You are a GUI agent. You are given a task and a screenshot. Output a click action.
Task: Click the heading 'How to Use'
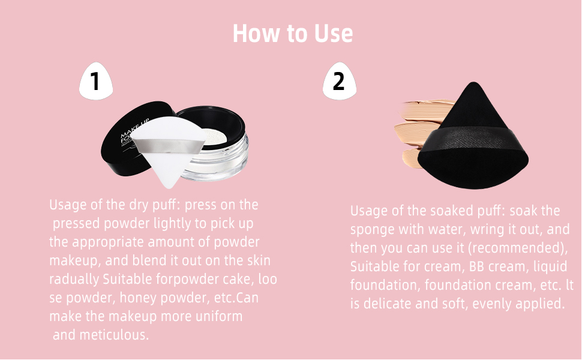tap(292, 33)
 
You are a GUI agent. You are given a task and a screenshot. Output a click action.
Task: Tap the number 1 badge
tap(96, 82)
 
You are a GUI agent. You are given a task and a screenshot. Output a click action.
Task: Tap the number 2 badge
tap(340, 82)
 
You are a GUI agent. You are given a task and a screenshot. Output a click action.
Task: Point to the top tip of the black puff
tap(473, 85)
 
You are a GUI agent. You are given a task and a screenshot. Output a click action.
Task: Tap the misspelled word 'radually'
tap(74, 279)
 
